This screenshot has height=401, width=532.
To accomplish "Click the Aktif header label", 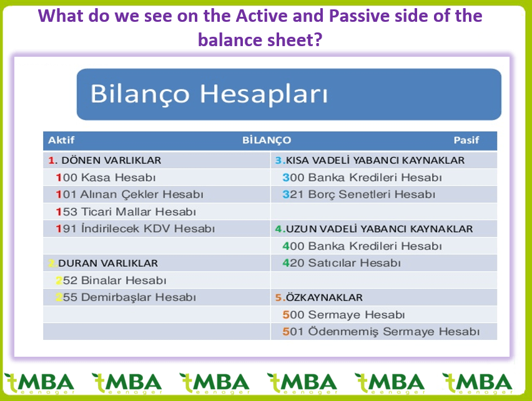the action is click(61, 140).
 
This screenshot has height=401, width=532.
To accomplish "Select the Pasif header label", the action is click(466, 140).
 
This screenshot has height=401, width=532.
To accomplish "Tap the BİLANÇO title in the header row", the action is click(267, 140).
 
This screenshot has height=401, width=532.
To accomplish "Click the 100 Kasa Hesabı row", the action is click(106, 177).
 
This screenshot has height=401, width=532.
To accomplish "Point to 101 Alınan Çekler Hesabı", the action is click(130, 195).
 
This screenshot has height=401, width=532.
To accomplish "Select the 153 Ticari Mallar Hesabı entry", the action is click(126, 211).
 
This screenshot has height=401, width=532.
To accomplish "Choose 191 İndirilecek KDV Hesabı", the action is click(135, 228).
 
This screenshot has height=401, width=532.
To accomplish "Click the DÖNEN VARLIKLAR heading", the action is click(105, 160).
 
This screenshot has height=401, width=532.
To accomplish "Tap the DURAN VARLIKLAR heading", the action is click(103, 263).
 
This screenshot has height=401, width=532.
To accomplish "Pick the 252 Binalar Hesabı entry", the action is click(111, 281).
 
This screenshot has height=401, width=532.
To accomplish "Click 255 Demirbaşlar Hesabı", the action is click(126, 297).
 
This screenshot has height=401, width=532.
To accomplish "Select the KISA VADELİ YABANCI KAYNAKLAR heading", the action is click(370, 160).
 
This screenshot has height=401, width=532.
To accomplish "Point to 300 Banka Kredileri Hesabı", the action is click(362, 177).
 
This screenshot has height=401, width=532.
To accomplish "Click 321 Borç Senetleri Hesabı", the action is click(358, 195).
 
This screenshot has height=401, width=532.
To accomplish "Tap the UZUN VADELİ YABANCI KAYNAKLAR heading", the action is click(374, 229).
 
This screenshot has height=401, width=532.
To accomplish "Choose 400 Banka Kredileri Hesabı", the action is click(362, 246).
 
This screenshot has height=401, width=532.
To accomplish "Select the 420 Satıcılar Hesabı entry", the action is click(342, 263).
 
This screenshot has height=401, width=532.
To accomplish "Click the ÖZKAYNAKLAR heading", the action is click(319, 297).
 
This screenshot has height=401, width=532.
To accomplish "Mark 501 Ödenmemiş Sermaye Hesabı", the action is click(381, 332).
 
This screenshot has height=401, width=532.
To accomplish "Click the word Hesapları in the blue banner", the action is click(264, 94).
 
